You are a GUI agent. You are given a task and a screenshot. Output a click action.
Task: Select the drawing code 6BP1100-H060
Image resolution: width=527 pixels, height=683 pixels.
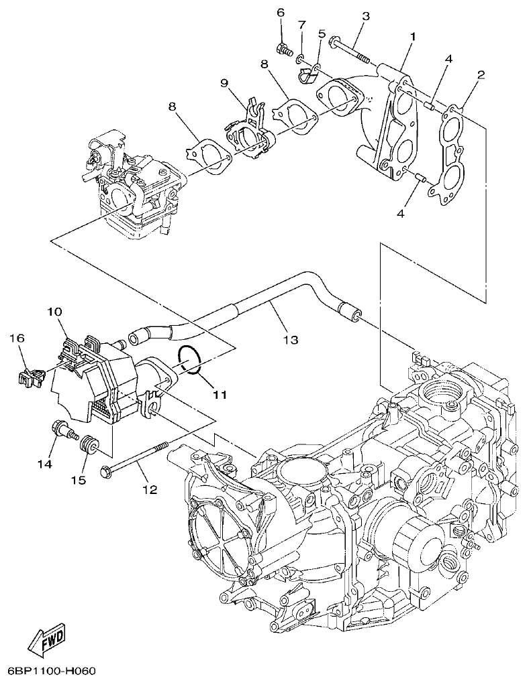coord(54,671)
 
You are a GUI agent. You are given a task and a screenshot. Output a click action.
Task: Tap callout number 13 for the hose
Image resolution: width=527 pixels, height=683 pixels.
coord(289,340)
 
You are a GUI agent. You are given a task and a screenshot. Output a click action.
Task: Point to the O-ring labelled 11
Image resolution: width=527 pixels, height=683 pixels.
coord(191,359)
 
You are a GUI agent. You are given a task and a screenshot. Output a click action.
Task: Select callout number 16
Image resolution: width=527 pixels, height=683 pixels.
coord(17,339)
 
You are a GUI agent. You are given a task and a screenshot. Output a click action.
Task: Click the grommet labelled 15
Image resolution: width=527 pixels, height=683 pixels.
coord(87,444)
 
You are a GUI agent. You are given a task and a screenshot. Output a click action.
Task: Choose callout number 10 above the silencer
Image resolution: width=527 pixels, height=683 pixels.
coord(54,312)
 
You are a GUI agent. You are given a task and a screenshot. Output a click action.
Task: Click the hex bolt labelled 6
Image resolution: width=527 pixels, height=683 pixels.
coord(283,48)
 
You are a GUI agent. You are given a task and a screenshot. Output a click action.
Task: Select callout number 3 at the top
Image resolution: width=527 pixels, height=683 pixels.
coord(366,15)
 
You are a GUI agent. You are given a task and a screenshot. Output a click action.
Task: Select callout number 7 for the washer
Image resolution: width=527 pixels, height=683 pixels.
coord(302,25)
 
